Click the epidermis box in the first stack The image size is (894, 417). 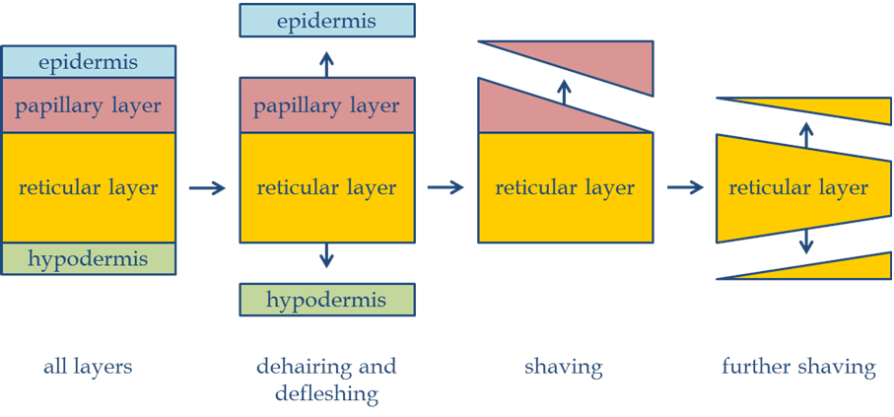coord(89,62)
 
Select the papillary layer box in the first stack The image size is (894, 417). coord(89,105)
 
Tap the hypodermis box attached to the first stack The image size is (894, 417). coord(89,259)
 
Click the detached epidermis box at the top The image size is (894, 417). coord(327,21)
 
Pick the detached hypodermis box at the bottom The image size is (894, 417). coord(327,299)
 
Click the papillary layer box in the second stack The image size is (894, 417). coord(327,105)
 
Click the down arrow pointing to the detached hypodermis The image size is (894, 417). coord(327,257)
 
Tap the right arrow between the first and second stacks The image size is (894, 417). coord(207,187)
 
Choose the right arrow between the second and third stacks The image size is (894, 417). coord(446,187)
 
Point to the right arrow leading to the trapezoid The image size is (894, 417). coord(685,187)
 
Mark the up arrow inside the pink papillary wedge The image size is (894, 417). coord(564,94)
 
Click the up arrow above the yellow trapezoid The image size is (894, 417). coord(806,133)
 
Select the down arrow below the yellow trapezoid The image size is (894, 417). coord(806,240)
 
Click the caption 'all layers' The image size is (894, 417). coord(88,368)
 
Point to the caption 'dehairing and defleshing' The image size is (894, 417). coord(326,380)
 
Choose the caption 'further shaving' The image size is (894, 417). coord(798,368)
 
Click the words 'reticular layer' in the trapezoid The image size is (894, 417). coord(798,187)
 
